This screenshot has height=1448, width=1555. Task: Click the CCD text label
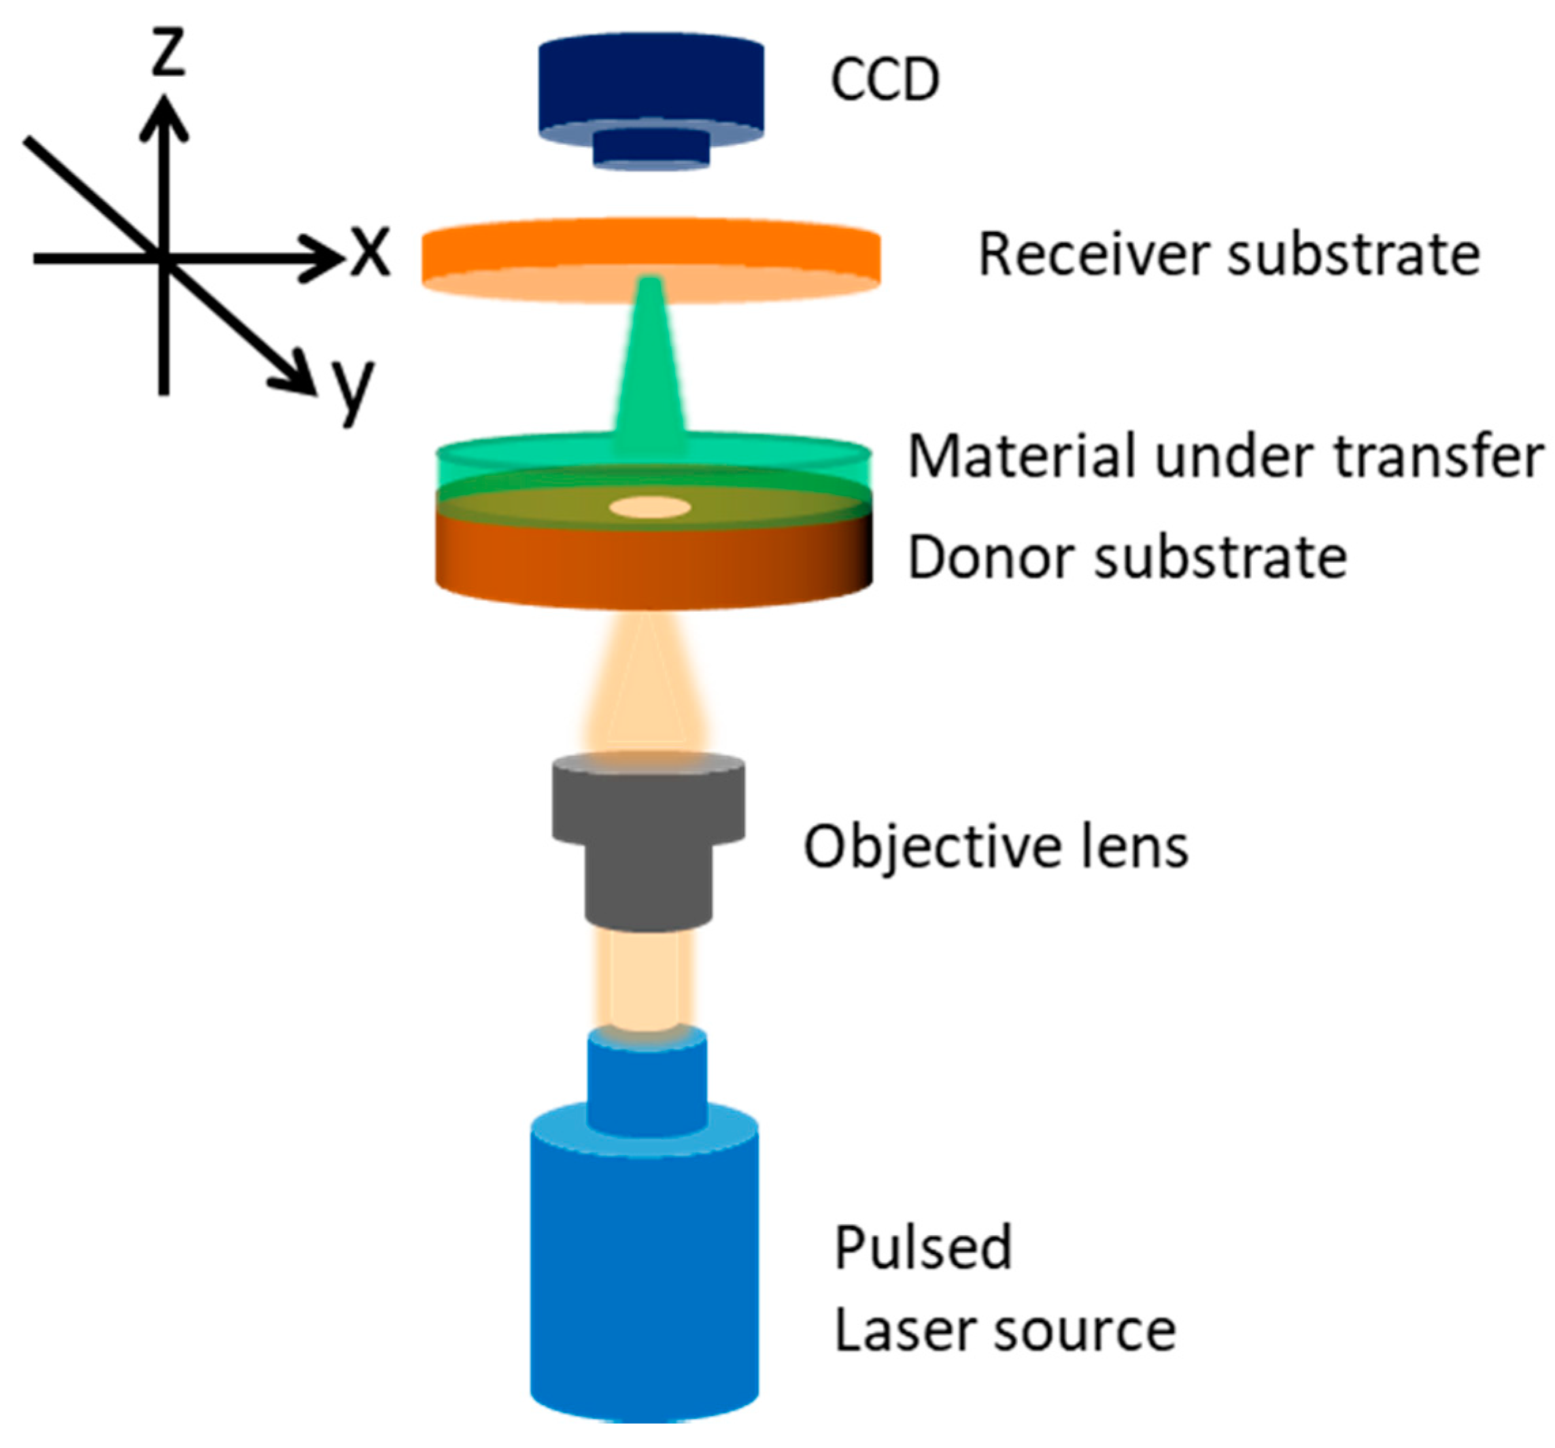pyautogui.click(x=885, y=80)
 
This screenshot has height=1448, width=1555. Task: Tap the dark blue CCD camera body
pyautogui.click(x=651, y=82)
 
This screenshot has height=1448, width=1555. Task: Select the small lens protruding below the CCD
pyautogui.click(x=651, y=149)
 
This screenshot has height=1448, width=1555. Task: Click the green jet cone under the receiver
pyautogui.click(x=650, y=368)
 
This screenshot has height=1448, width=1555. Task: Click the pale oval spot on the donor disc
pyautogui.click(x=650, y=507)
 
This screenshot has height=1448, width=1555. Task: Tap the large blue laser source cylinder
pyautogui.click(x=644, y=1266)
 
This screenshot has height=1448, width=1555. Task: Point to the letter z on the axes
pyautogui.click(x=167, y=52)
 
